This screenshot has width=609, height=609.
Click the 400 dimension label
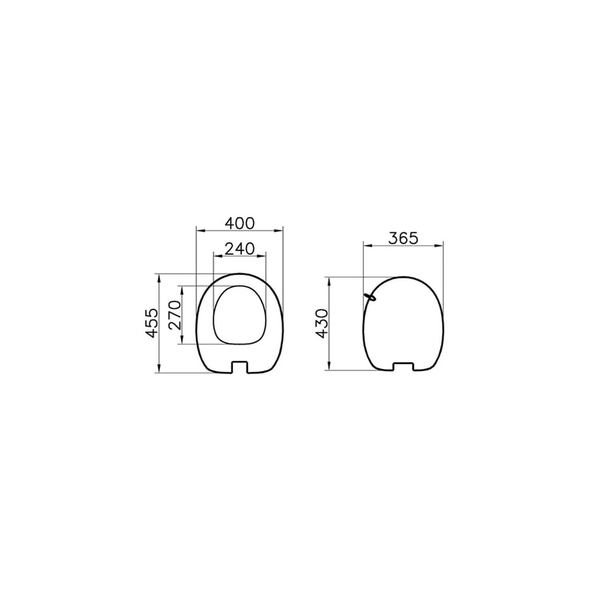tap(240, 223)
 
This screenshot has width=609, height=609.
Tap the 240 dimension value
tap(240, 248)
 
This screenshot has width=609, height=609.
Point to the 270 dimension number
tap(175, 315)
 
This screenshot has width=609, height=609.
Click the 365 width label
tap(404, 238)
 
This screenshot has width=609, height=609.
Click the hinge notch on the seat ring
tap(239, 367)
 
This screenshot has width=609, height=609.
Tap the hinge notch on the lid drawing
tap(404, 367)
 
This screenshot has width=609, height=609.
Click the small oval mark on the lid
tap(370, 297)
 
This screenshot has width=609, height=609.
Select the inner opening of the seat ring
tap(240, 315)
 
